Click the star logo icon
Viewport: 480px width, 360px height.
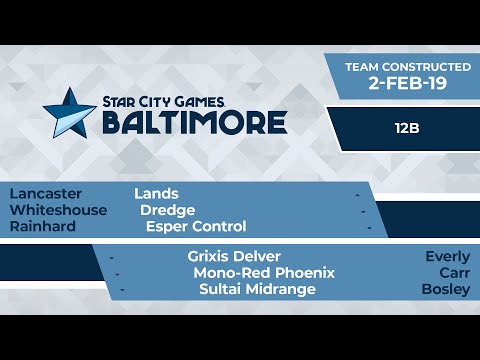click(x=69, y=112)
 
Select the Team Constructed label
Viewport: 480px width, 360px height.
click(x=407, y=66)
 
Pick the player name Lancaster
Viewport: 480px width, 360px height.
click(x=46, y=193)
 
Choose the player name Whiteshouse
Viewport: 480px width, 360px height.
click(x=60, y=210)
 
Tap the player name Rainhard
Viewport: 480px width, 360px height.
click(x=44, y=227)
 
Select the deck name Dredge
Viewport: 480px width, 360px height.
click(x=166, y=210)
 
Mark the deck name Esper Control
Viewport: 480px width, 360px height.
click(x=196, y=227)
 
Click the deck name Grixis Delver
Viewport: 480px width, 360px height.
click(x=234, y=256)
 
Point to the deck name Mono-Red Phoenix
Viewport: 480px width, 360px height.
click(x=264, y=272)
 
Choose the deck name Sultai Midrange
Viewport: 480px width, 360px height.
click(x=258, y=289)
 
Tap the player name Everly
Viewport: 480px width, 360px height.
click(x=447, y=256)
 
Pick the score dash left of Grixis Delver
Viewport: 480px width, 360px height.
click(x=111, y=257)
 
